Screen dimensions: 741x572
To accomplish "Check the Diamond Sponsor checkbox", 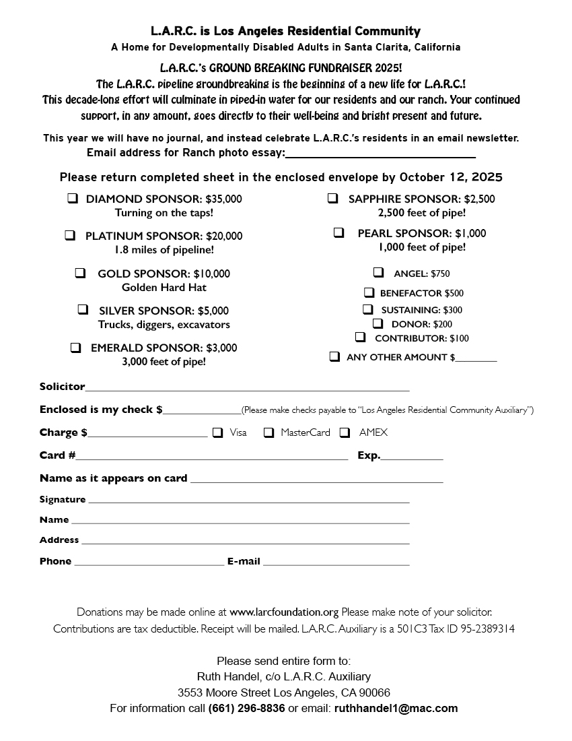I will pyautogui.click(x=72, y=199).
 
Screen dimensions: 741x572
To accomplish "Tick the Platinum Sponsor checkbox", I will pyautogui.click(x=70, y=235).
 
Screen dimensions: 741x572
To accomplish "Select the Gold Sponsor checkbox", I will pyautogui.click(x=80, y=273).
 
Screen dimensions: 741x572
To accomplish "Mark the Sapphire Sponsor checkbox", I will pyautogui.click(x=332, y=198).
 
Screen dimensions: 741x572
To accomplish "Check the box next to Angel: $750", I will pyautogui.click(x=379, y=272).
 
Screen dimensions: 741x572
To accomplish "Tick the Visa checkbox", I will pyautogui.click(x=217, y=432).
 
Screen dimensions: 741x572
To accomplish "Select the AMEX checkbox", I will pyautogui.click(x=345, y=432).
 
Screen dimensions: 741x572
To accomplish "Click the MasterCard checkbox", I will pyautogui.click(x=269, y=432).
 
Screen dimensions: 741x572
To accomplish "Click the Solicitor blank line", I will pyautogui.click(x=247, y=388).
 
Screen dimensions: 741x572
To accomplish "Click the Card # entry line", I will pyautogui.click(x=211, y=457).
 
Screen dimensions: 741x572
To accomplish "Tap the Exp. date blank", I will pyautogui.click(x=412, y=457).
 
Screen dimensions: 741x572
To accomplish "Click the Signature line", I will pyautogui.click(x=248, y=501).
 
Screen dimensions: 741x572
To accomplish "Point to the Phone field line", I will pyautogui.click(x=149, y=562).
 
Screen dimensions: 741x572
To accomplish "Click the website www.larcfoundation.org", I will pyautogui.click(x=283, y=612).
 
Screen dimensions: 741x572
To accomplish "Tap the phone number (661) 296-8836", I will pyautogui.click(x=246, y=709).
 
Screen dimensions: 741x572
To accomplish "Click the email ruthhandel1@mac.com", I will pyautogui.click(x=396, y=709).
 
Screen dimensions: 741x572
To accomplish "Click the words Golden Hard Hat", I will pyautogui.click(x=164, y=288).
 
